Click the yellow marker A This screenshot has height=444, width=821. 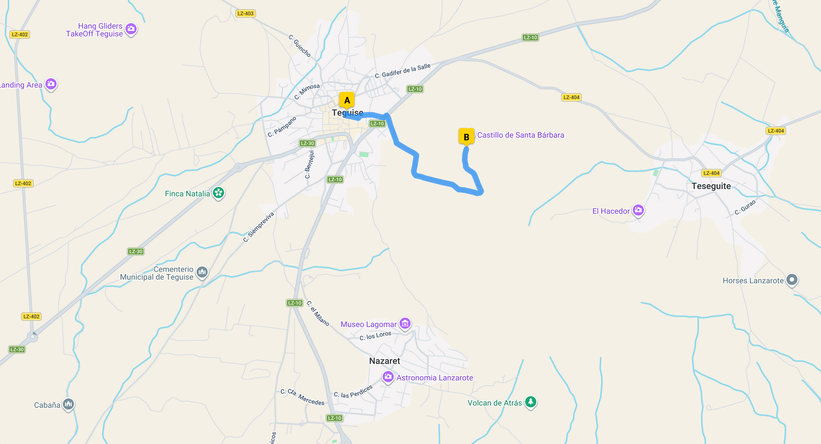point(347,100)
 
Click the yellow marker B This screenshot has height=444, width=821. point(466,137)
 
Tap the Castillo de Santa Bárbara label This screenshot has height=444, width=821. point(521,135)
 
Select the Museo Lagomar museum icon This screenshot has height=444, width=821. point(405,324)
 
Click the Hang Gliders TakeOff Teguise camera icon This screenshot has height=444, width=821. point(131,29)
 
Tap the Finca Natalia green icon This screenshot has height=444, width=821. point(219,193)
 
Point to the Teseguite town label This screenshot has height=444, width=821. point(711,186)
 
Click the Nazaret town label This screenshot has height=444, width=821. point(384,361)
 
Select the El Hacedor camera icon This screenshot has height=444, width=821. point(638,210)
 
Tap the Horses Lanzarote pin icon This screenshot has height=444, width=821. point(792,280)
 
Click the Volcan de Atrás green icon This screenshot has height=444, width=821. point(531,402)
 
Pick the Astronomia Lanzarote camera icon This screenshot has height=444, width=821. point(388,377)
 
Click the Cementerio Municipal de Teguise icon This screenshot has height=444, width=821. point(202,272)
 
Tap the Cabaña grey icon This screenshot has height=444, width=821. point(68,404)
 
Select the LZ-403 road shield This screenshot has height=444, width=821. point(246,13)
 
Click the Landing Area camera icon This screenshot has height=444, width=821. point(51,84)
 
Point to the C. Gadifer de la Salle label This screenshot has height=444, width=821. point(402,71)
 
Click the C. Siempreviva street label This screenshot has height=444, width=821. point(258,227)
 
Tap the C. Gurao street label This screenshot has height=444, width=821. point(745,207)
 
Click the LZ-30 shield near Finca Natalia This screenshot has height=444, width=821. point(136,252)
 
